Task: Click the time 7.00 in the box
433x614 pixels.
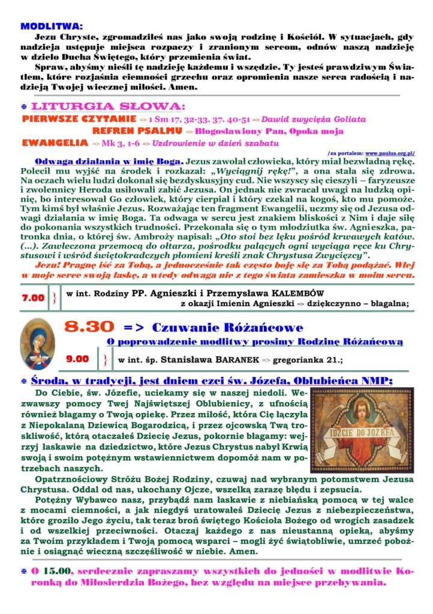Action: point(34,298)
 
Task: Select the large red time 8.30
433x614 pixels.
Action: point(89,327)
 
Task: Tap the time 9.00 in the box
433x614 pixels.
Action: point(77,359)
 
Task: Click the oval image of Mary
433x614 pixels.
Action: point(37,344)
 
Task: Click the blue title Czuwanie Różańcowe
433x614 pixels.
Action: point(227,328)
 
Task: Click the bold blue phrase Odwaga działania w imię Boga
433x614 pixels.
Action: point(109,162)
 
